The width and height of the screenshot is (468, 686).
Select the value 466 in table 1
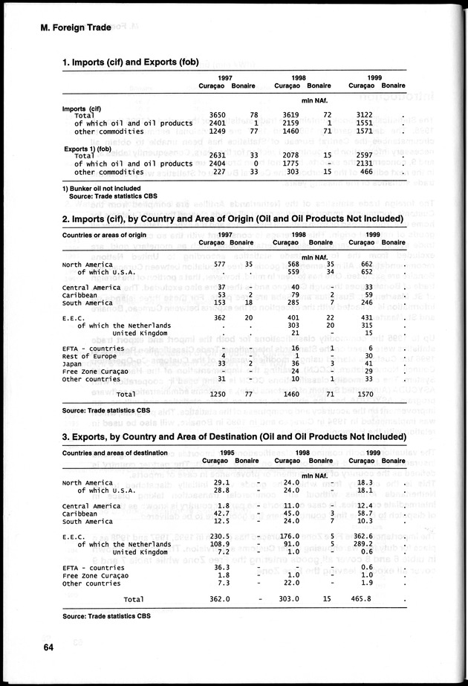(x=365, y=172)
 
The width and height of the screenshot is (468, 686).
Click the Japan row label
(x=72, y=363)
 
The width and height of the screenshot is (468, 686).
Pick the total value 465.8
(x=362, y=598)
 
